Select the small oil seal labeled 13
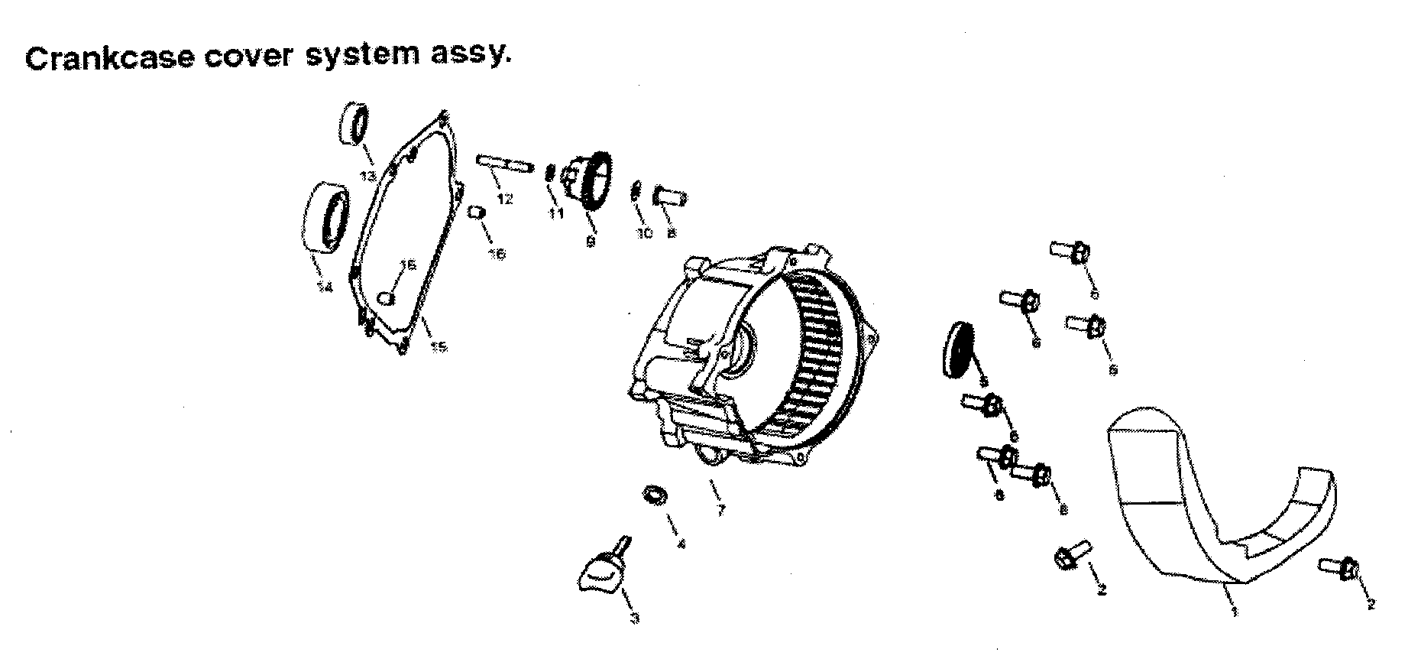point(353,122)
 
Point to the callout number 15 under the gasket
point(438,348)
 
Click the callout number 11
point(555,214)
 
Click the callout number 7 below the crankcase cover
point(720,510)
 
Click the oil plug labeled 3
point(601,566)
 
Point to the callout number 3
point(634,618)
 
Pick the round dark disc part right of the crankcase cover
point(959,349)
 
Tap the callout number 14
point(324,287)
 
